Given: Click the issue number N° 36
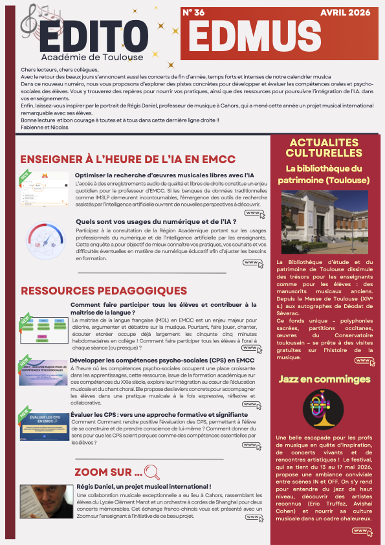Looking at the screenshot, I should pos(194,12).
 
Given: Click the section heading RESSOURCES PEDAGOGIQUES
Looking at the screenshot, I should pos(104,291).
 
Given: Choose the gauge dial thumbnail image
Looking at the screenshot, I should pos(45,241).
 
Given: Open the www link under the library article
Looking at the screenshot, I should pos(364,361).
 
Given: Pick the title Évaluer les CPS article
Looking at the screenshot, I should pos(159,414).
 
